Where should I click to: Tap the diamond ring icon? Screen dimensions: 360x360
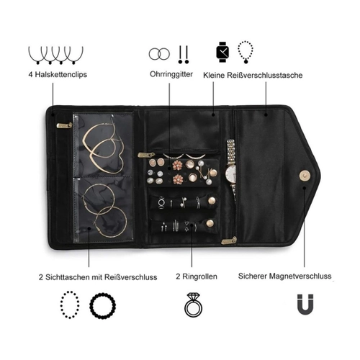point(193,305)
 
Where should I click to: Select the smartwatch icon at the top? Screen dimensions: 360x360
point(222,52)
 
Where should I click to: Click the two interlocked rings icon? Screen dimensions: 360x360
point(159,54)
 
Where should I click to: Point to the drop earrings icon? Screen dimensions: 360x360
point(184,55)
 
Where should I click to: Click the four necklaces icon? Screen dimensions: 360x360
point(55,55)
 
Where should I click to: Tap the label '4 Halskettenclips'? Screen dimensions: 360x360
point(58,74)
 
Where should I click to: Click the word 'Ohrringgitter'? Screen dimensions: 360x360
point(171,74)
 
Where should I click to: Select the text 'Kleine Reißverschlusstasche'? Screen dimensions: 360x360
point(253,75)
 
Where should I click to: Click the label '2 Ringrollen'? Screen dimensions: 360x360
point(197,276)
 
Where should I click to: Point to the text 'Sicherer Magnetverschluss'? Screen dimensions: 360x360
point(284,276)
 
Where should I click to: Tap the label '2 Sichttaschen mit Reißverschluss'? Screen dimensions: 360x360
point(98,277)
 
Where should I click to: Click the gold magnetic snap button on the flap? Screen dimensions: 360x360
point(305,176)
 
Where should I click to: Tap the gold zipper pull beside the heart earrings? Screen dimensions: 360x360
point(64,125)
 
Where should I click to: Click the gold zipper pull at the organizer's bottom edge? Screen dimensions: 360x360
point(229,240)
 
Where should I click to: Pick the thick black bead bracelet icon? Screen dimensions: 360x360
point(103,306)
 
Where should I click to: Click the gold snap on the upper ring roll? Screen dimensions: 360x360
point(212,201)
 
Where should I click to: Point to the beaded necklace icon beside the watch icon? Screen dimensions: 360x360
point(246,52)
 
